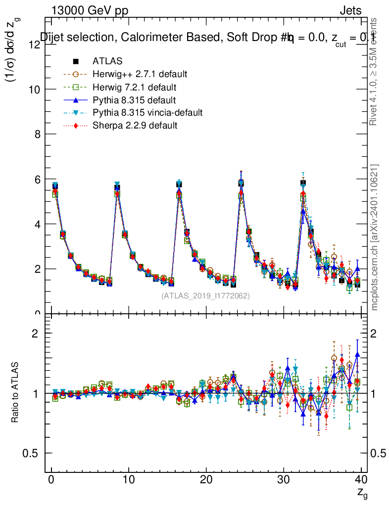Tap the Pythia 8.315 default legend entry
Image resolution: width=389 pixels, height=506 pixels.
pyautogui.click(x=134, y=100)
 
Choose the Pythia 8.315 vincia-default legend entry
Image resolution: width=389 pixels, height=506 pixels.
pyautogui.click(x=147, y=113)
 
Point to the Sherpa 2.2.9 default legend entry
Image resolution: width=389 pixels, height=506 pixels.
pyautogui.click(x=135, y=126)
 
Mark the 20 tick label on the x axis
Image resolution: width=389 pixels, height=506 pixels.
pyautogui.click(x=206, y=480)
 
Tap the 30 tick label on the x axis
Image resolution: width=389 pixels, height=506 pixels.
pyautogui.click(x=284, y=480)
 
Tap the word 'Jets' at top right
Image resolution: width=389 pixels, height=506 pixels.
pyautogui.click(x=350, y=10)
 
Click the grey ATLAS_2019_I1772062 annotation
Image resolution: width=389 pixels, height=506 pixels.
pyautogui.click(x=205, y=295)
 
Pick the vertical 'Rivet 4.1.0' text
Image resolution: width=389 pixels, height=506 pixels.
pyautogui.click(x=375, y=72)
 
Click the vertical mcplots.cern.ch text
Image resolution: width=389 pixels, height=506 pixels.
pyautogui.click(x=375, y=237)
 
